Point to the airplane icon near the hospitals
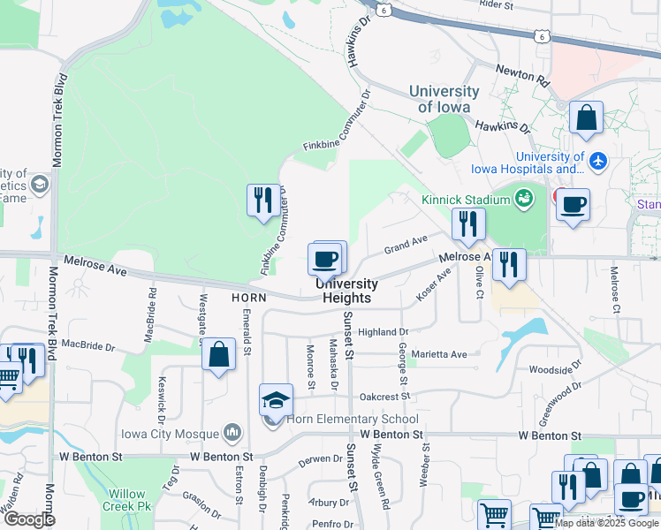pyautogui.click(x=598, y=161)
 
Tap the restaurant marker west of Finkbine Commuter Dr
pyautogui.click(x=262, y=201)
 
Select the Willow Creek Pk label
pyautogui.click(x=128, y=500)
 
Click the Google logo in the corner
pyautogui.click(x=29, y=519)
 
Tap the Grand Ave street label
pyautogui.click(x=406, y=243)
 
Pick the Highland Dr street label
pyautogui.click(x=383, y=333)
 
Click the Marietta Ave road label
pyautogui.click(x=438, y=354)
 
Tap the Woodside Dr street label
pyautogui.click(x=556, y=369)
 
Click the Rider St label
pyautogui.click(x=497, y=5)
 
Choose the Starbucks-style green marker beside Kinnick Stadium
pyautogui.click(x=523, y=197)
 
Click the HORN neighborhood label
pyautogui.click(x=248, y=299)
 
